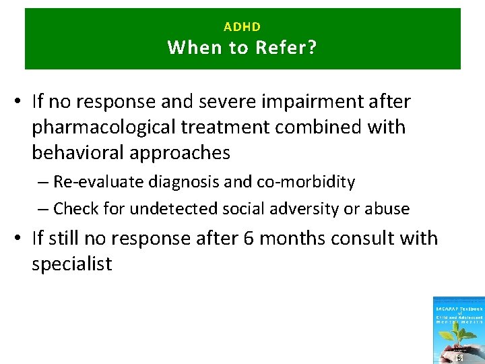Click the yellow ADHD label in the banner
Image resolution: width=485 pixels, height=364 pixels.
coord(242,27)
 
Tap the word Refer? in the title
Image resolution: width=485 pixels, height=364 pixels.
coord(286,48)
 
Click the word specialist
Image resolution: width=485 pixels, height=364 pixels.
coord(71,264)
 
